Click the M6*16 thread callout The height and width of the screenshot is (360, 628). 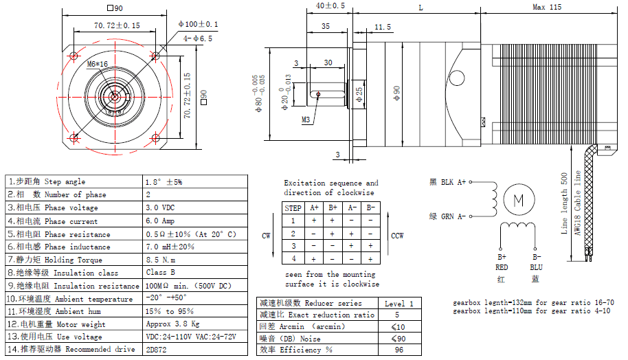click(x=98, y=64)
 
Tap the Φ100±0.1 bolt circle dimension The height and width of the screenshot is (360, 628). click(x=198, y=24)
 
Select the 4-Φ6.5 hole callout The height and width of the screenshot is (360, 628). click(x=198, y=39)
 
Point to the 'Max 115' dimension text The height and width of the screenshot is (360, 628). click(x=547, y=7)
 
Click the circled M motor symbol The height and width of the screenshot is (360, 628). click(x=519, y=200)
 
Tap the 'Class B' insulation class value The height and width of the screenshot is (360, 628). click(x=160, y=273)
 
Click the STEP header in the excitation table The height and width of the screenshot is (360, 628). click(x=293, y=207)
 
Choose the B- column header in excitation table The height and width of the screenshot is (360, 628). click(x=370, y=207)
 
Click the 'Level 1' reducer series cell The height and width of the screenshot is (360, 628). click(x=399, y=303)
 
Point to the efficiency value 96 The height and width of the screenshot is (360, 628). click(x=399, y=350)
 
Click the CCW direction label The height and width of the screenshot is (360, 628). click(x=396, y=236)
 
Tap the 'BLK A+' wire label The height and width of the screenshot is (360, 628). click(x=447, y=181)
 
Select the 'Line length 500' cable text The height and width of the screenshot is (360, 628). click(x=565, y=203)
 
